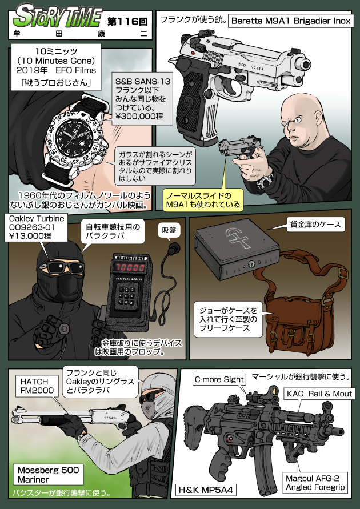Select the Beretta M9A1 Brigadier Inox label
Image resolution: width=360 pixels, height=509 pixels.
tap(291, 22)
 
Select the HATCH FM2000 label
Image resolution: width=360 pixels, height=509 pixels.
tap(38, 386)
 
